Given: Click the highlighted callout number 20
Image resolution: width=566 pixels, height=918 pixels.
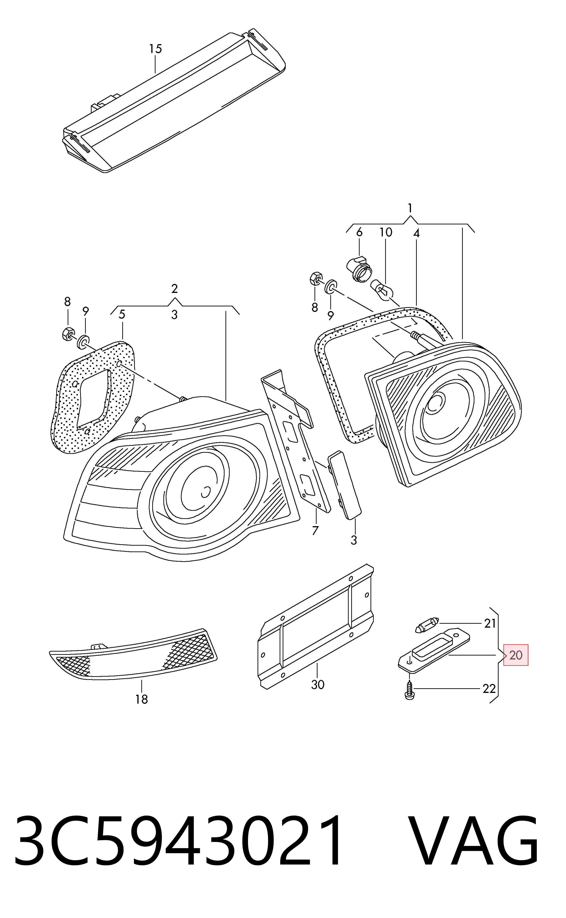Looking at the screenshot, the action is coord(516,655).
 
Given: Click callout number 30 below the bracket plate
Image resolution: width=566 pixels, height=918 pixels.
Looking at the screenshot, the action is coord(318,685).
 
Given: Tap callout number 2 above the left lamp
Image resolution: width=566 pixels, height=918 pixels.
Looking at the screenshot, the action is coord(174,289).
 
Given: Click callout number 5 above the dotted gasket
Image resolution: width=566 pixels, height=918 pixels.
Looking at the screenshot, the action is coord(122,315).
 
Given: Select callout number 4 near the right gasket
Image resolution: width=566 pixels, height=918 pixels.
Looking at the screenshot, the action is coord(416,233).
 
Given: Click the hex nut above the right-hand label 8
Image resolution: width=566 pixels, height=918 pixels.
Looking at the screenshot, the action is coord(316,279).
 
